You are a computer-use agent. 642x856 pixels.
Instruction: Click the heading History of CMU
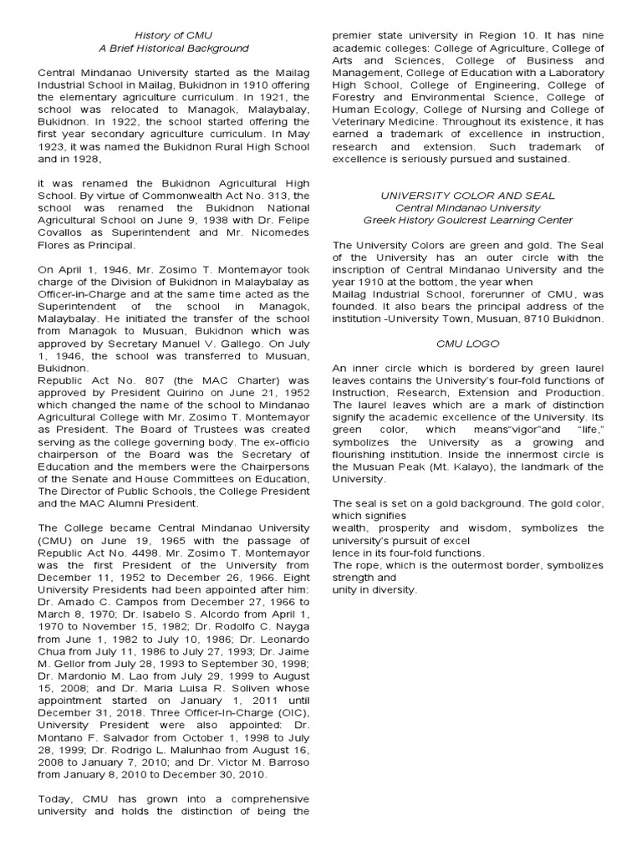pos(175,35)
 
